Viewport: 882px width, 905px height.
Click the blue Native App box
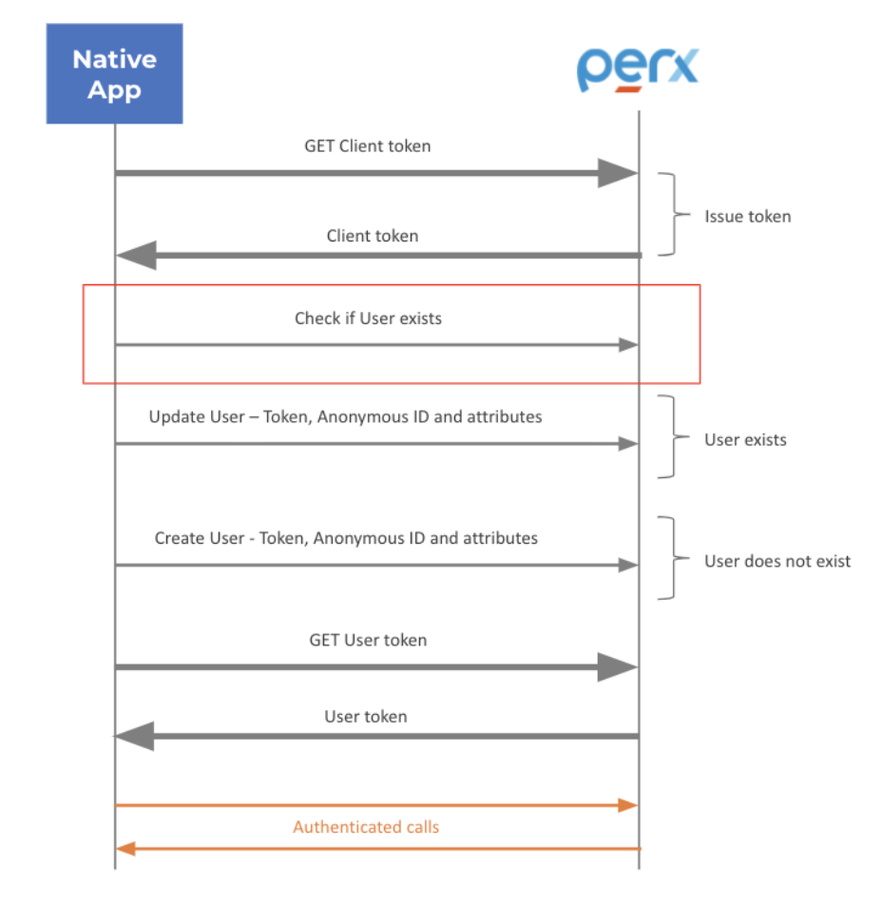tap(114, 74)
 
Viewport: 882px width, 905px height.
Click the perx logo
tap(638, 68)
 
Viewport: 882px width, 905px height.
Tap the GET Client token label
tap(367, 146)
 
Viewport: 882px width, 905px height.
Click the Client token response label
tap(372, 236)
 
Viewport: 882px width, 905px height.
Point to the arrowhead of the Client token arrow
tap(136, 255)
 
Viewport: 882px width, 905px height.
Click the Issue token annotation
tap(747, 216)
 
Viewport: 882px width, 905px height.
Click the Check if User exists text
tap(368, 318)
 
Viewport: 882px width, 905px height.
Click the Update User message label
tap(345, 416)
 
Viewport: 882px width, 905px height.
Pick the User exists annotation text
tap(745, 439)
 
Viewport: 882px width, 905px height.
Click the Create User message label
tap(346, 538)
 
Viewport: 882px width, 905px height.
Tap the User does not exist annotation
tap(777, 561)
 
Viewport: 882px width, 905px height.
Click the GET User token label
tap(367, 640)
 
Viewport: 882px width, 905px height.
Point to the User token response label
tap(365, 717)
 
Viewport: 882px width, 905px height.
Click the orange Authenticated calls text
tap(366, 827)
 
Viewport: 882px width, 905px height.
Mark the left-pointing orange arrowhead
tap(125, 848)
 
